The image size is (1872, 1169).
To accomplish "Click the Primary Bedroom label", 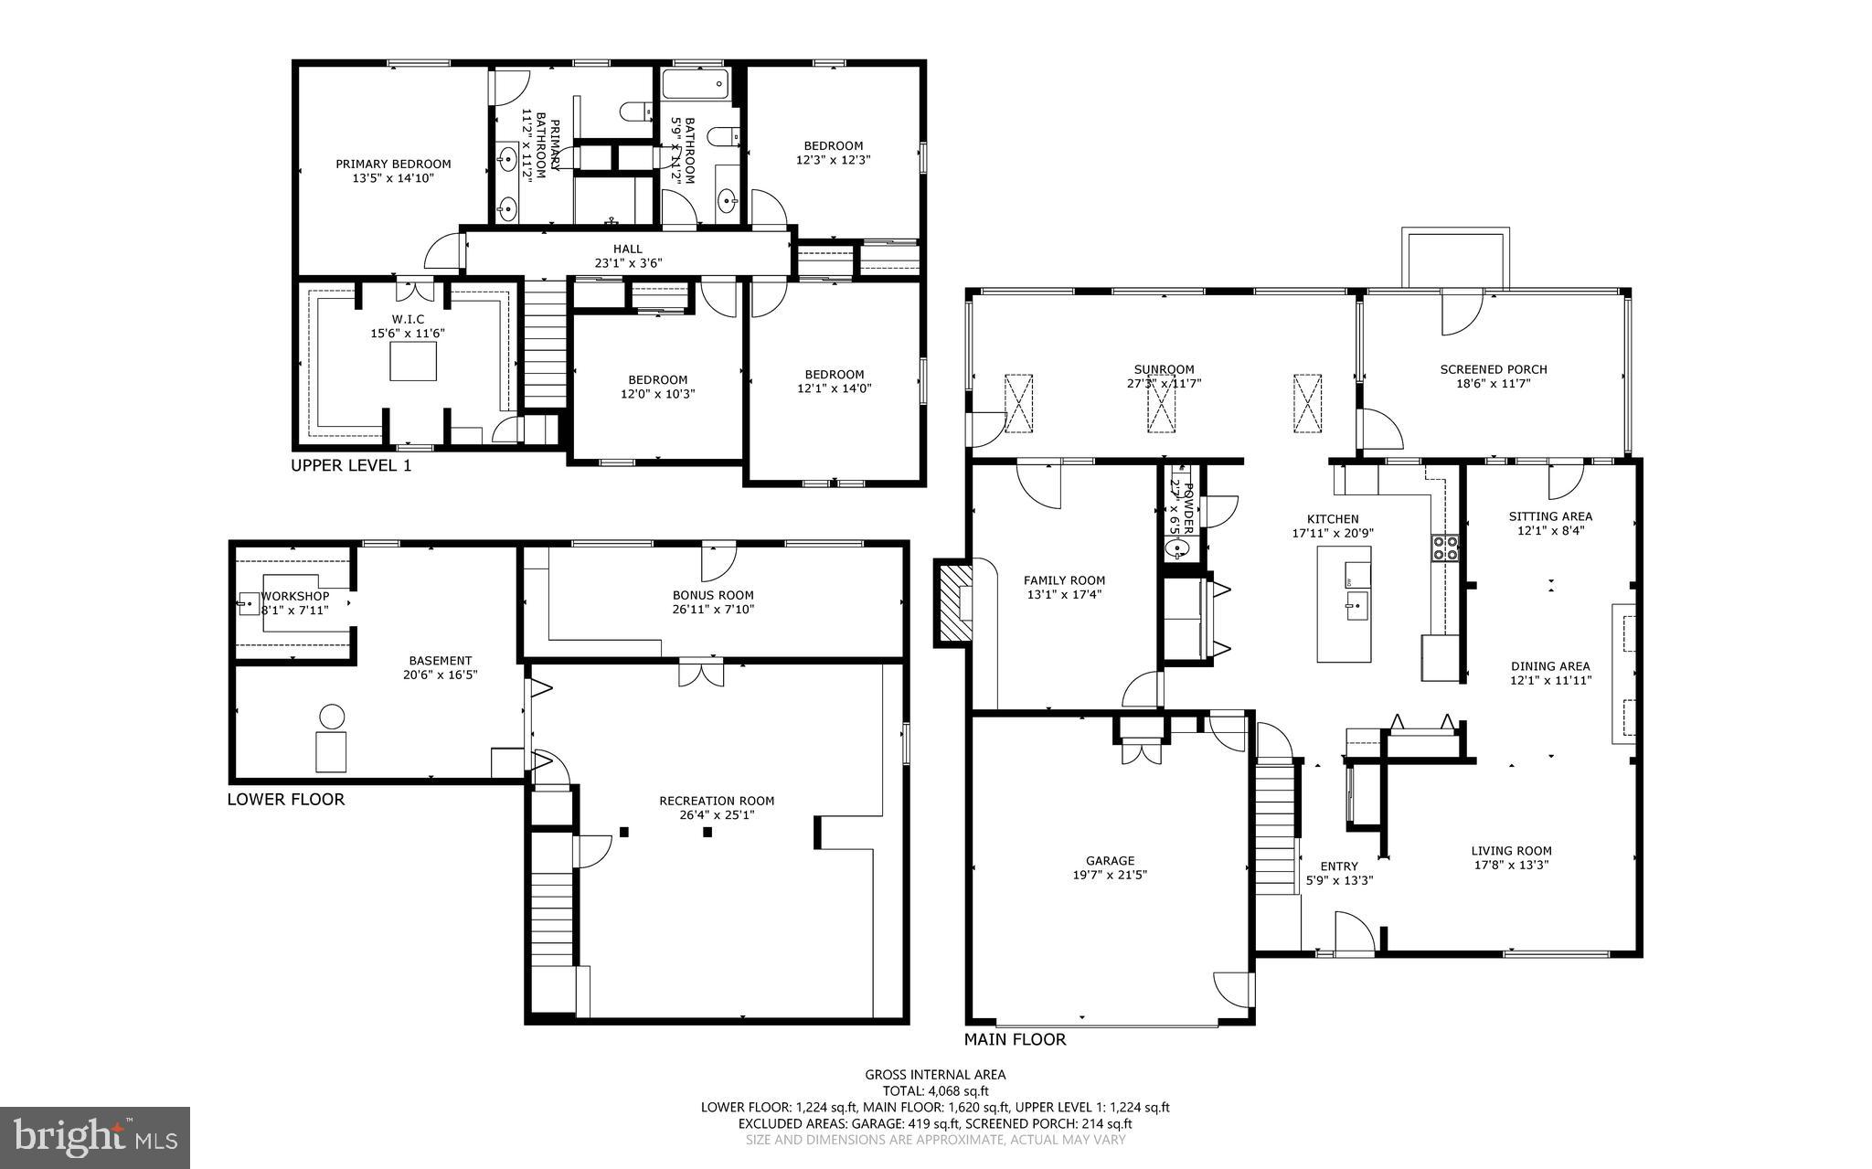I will [x=393, y=165].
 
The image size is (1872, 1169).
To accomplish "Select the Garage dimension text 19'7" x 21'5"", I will [x=1110, y=875].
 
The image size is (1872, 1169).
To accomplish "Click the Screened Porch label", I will [x=1493, y=369].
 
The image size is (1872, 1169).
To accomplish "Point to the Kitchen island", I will [x=1344, y=603].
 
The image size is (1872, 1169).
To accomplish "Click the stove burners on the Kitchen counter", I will [x=1445, y=547].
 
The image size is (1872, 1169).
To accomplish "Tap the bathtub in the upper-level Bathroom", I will [x=695, y=86].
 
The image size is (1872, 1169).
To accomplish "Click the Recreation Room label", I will [x=717, y=801].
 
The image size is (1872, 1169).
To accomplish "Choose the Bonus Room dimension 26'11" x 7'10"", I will [x=713, y=610].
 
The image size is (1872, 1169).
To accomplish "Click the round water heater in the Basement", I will [x=332, y=716].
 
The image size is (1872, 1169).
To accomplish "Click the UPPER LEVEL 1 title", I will [x=351, y=465].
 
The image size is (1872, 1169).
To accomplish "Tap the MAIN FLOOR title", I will [x=1015, y=1039].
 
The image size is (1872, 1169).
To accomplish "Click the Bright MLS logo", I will [x=95, y=1137].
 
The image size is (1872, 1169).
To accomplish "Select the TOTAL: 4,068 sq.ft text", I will [x=935, y=1090].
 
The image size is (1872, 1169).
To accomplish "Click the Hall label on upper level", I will [x=627, y=249].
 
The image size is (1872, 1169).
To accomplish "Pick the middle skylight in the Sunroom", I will [x=1162, y=402].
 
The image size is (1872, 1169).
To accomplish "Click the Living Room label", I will [x=1511, y=851].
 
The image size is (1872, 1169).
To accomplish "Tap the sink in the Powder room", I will [x=1178, y=548].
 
